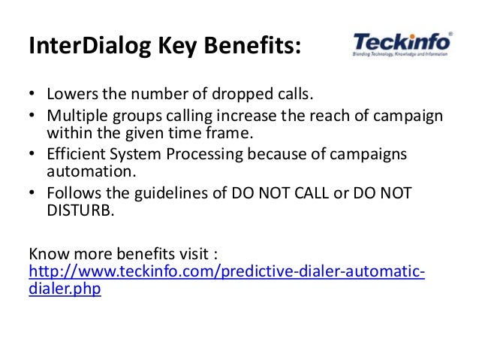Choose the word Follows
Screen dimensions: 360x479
(x=74, y=193)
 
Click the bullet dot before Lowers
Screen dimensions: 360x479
(x=32, y=97)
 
